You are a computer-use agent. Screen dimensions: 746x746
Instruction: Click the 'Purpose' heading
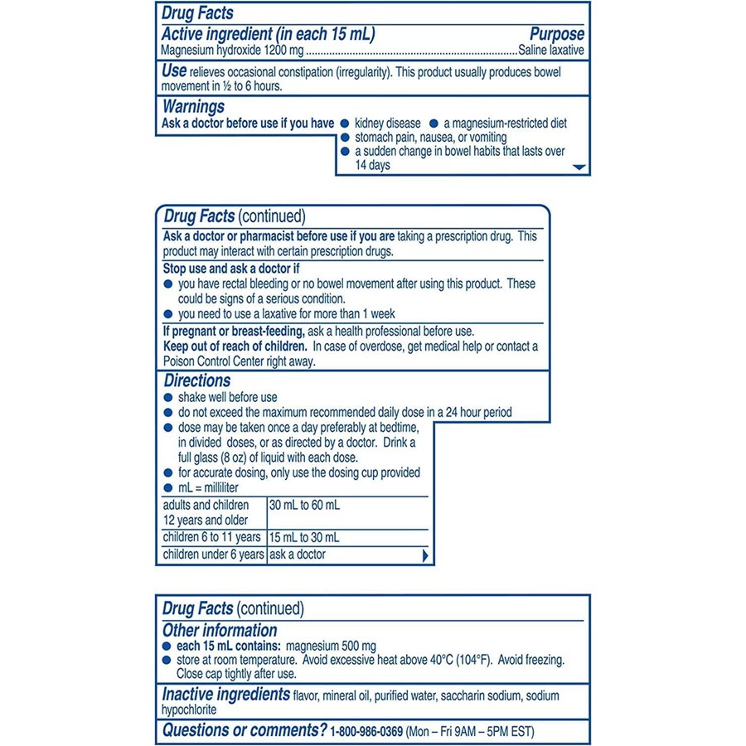click(556, 34)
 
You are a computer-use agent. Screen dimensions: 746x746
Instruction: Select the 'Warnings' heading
click(193, 107)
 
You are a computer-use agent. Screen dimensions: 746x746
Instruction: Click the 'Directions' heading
click(196, 381)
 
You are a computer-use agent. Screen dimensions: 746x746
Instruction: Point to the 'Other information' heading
click(220, 630)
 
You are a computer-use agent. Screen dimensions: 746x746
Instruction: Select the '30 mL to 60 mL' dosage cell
click(304, 505)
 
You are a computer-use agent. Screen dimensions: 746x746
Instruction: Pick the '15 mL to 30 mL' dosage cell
click(304, 537)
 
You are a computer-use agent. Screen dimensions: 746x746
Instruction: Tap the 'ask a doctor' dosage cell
click(298, 555)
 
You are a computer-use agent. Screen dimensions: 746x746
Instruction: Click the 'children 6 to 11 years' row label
click(212, 537)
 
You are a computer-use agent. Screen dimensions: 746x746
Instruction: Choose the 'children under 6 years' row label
click(213, 555)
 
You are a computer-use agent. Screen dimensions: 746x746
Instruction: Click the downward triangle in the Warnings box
click(579, 167)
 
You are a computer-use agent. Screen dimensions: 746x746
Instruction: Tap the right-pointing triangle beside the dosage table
click(425, 555)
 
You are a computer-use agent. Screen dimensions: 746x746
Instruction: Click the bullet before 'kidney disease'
click(345, 124)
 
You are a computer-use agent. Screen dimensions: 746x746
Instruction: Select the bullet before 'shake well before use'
click(168, 398)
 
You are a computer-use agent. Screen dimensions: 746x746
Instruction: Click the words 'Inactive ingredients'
click(225, 695)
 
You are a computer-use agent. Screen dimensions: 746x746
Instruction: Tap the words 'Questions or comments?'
click(244, 730)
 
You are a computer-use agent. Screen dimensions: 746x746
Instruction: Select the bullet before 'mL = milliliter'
click(168, 488)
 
